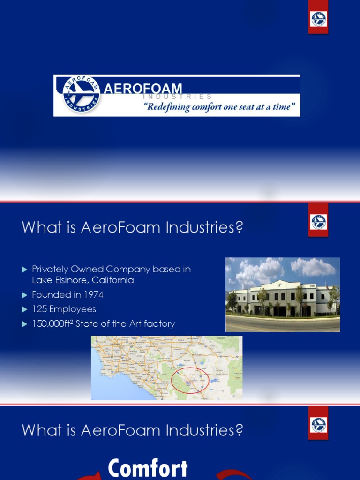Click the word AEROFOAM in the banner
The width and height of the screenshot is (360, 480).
click(142, 89)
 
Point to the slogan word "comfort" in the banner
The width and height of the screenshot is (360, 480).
click(211, 106)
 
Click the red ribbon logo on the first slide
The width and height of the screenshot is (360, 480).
click(318, 19)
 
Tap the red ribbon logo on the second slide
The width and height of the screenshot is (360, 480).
click(318, 222)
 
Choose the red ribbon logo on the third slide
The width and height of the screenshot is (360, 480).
click(318, 425)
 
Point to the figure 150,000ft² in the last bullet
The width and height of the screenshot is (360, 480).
click(53, 323)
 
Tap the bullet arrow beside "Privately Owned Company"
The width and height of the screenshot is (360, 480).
click(25, 270)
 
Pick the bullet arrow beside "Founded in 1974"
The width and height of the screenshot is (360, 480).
click(25, 295)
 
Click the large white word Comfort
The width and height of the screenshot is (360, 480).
click(148, 469)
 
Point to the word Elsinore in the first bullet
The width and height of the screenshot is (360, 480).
click(68, 280)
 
